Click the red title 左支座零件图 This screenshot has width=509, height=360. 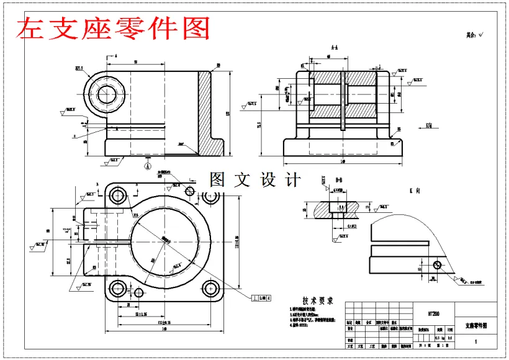(114, 28)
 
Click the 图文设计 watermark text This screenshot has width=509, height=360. (255, 181)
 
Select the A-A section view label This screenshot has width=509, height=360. (335, 48)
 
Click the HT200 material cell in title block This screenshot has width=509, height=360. (434, 314)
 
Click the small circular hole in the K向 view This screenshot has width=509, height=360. (438, 265)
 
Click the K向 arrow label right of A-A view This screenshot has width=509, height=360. (428, 125)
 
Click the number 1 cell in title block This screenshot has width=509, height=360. (476, 341)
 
